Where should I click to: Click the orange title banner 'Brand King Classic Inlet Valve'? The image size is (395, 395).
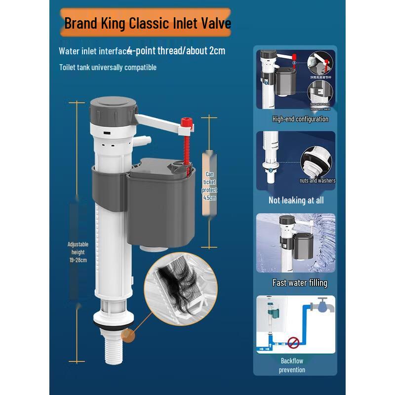tap(147, 23)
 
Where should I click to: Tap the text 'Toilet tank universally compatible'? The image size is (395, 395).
tap(108, 67)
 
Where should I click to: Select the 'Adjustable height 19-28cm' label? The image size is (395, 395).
tap(78, 252)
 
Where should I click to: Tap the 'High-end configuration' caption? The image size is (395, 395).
tap(300, 119)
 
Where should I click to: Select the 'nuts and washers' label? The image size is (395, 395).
tap(317, 181)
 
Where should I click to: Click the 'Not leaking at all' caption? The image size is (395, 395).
tap(296, 200)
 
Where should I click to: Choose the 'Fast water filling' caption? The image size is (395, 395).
tap(300, 283)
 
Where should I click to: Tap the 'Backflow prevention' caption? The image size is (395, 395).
tap(292, 365)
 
